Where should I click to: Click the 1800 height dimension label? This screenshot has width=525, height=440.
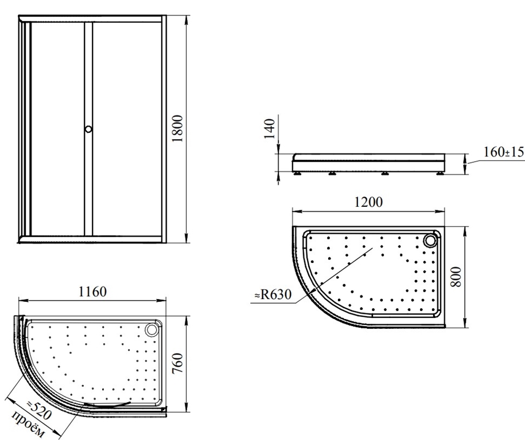pyautogui.click(x=177, y=128)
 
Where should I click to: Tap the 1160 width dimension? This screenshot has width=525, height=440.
pyautogui.click(x=92, y=292)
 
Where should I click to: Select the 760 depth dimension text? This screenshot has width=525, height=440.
pyautogui.click(x=177, y=363)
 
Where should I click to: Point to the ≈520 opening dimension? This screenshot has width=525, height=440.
pyautogui.click(x=39, y=410)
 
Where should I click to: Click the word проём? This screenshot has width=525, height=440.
pyautogui.click(x=28, y=424)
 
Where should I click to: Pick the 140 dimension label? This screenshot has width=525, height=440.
pyautogui.click(x=270, y=129)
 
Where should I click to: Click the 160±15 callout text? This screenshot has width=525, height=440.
pyautogui.click(x=503, y=152)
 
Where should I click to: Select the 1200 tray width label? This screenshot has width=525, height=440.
pyautogui.click(x=368, y=202)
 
